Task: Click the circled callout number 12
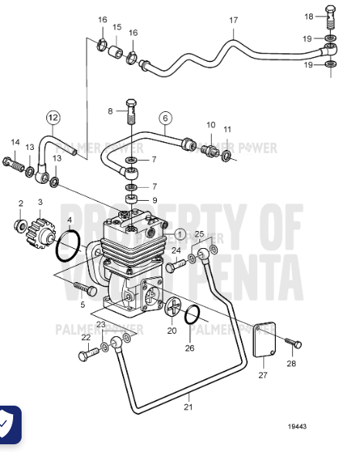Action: [x=53, y=117]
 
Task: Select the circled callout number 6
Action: [x=165, y=118]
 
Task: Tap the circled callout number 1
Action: [x=179, y=233]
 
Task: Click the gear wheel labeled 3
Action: [x=39, y=229]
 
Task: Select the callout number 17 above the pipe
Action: [x=234, y=20]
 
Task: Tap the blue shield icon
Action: [x=10, y=424]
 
